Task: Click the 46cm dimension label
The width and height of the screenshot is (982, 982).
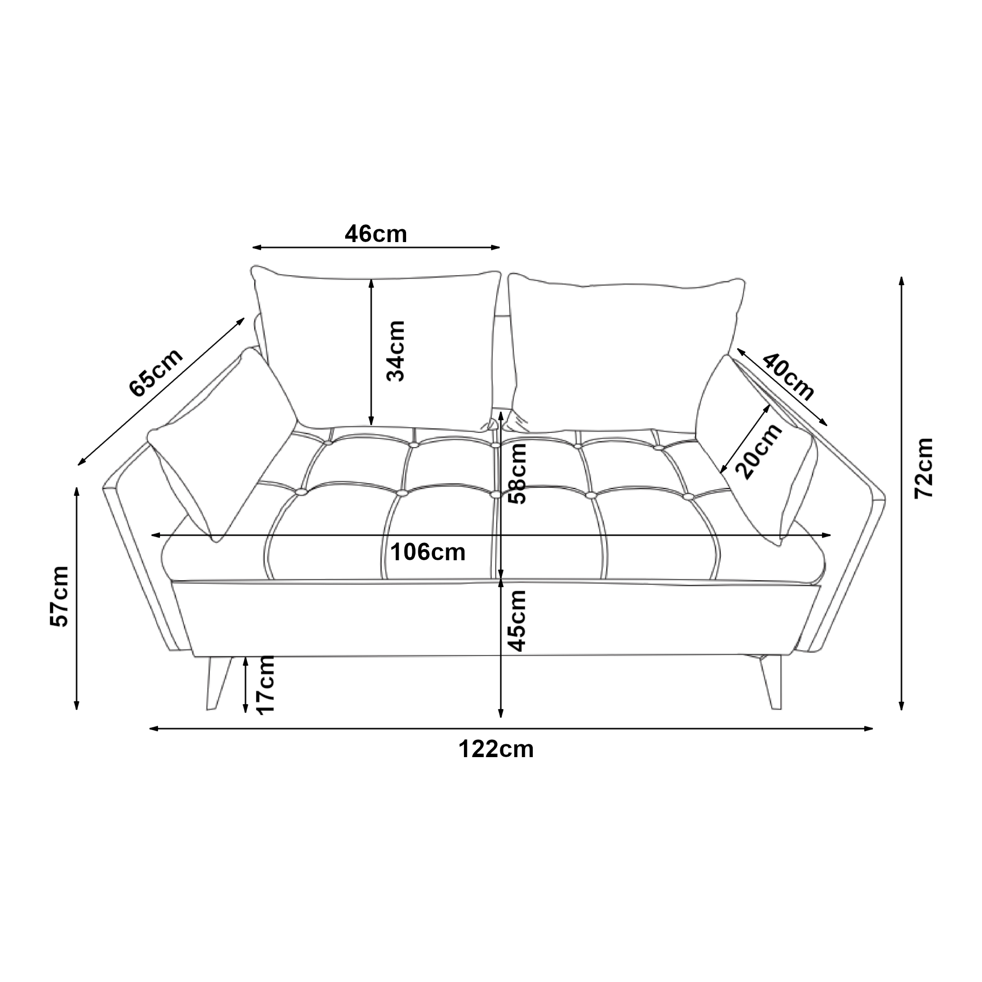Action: coord(376,234)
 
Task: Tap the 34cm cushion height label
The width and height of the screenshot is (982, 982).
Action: coord(395,351)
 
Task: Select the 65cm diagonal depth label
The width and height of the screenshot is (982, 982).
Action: coord(156,373)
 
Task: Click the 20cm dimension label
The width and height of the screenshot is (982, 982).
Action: coord(759,451)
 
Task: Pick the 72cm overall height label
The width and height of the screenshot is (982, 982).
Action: coord(924,468)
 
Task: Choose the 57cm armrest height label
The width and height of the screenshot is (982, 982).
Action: coord(59,597)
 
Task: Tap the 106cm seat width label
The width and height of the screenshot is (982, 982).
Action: coord(428,552)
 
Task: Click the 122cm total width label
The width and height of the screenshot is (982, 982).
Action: coord(496,750)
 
